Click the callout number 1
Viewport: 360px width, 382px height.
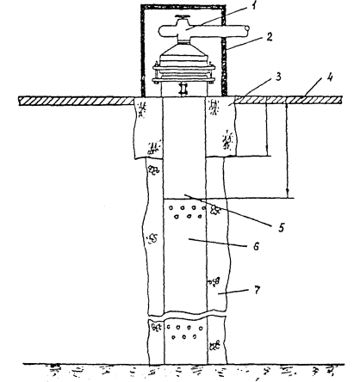pyautogui.click(x=253, y=6)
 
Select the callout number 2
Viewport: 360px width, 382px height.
pyautogui.click(x=269, y=37)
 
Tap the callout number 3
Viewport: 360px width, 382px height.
pyautogui.click(x=278, y=77)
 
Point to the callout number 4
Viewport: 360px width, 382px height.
pyautogui.click(x=331, y=77)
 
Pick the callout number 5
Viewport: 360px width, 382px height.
pyautogui.click(x=281, y=227)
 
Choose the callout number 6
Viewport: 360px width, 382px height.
pyautogui.click(x=256, y=246)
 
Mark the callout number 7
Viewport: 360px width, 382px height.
pyautogui.click(x=257, y=290)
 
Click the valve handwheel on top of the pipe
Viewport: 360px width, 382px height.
pyautogui.click(x=183, y=18)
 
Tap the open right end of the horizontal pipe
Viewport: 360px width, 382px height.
pyautogui.click(x=246, y=28)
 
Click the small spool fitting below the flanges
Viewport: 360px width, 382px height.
pyautogui.click(x=183, y=89)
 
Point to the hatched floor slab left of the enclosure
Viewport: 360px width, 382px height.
pyautogui.click(x=77, y=101)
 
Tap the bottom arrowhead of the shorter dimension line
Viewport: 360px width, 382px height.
pyautogui.click(x=267, y=153)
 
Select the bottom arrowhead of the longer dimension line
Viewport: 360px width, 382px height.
pyautogui.click(x=288, y=194)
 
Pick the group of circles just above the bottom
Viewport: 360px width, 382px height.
pyautogui.click(x=183, y=332)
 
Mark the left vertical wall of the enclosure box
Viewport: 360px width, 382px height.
pyautogui.click(x=142, y=51)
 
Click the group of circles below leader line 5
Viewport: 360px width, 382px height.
pyautogui.click(x=187, y=212)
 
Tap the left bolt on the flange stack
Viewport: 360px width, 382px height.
pyautogui.click(x=156, y=71)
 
